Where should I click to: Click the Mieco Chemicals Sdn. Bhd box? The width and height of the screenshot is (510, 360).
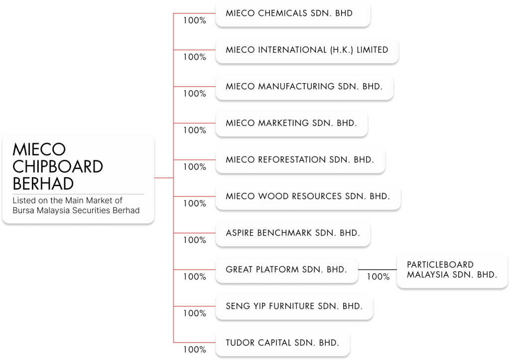[293, 13]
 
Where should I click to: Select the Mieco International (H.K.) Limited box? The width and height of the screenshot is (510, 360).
[307, 50]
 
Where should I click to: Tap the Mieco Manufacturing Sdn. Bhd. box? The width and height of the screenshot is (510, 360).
[304, 86]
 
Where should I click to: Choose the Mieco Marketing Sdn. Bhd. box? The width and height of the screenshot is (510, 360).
[291, 123]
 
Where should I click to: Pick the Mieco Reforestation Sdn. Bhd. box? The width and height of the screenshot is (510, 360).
[300, 160]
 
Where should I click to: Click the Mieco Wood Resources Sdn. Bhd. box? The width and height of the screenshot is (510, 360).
[307, 196]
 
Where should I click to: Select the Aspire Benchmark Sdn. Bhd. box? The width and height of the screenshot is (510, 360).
[292, 233]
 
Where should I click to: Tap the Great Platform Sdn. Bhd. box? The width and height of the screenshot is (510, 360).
[286, 269]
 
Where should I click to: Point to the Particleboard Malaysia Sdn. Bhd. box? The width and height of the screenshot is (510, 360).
[452, 269]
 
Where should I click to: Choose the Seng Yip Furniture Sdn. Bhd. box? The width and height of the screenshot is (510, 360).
[294, 306]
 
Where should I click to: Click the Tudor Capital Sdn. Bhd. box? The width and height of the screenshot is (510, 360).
[282, 343]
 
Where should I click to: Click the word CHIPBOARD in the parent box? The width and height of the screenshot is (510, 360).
[57, 166]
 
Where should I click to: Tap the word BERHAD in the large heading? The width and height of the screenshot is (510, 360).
[43, 183]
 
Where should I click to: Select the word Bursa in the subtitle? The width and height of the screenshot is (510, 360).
[23, 210]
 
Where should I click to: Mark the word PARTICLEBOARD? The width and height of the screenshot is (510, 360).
[440, 264]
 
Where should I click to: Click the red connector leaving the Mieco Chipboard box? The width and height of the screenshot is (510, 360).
[164, 178]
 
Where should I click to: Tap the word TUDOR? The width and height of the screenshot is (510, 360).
[240, 343]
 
